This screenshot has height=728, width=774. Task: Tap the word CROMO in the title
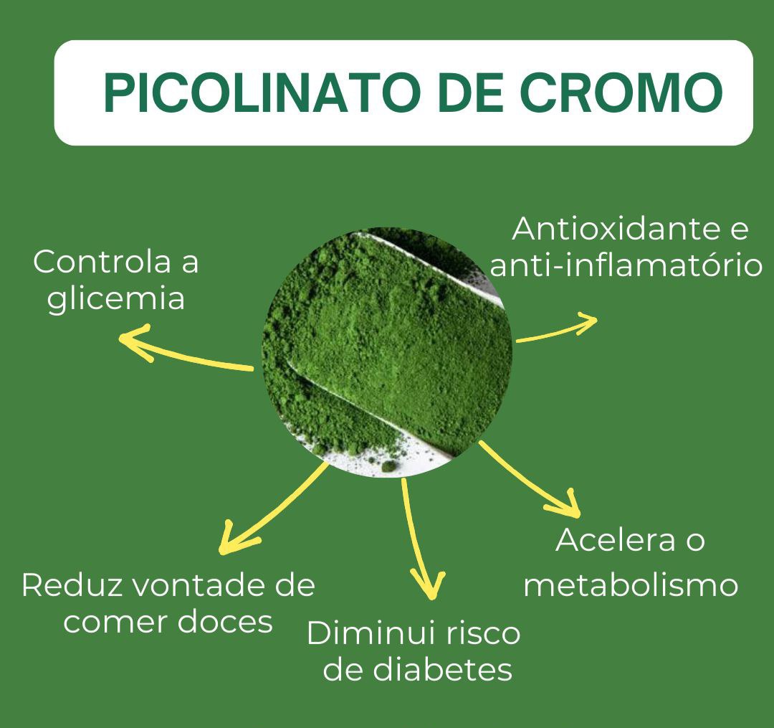click(621, 93)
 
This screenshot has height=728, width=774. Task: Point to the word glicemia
click(116, 299)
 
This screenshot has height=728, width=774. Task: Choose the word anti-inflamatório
click(625, 266)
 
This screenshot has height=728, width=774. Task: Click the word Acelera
click(606, 540)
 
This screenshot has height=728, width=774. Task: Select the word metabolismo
click(631, 585)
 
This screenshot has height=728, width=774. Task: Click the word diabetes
click(441, 670)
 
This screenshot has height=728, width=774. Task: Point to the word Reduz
click(65, 585)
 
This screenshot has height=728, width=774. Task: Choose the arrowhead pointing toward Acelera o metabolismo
click(568, 505)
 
